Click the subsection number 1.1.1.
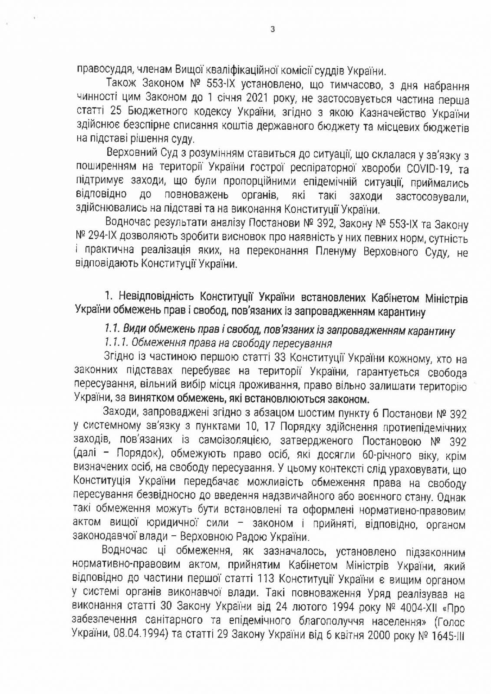(x=115, y=343)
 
